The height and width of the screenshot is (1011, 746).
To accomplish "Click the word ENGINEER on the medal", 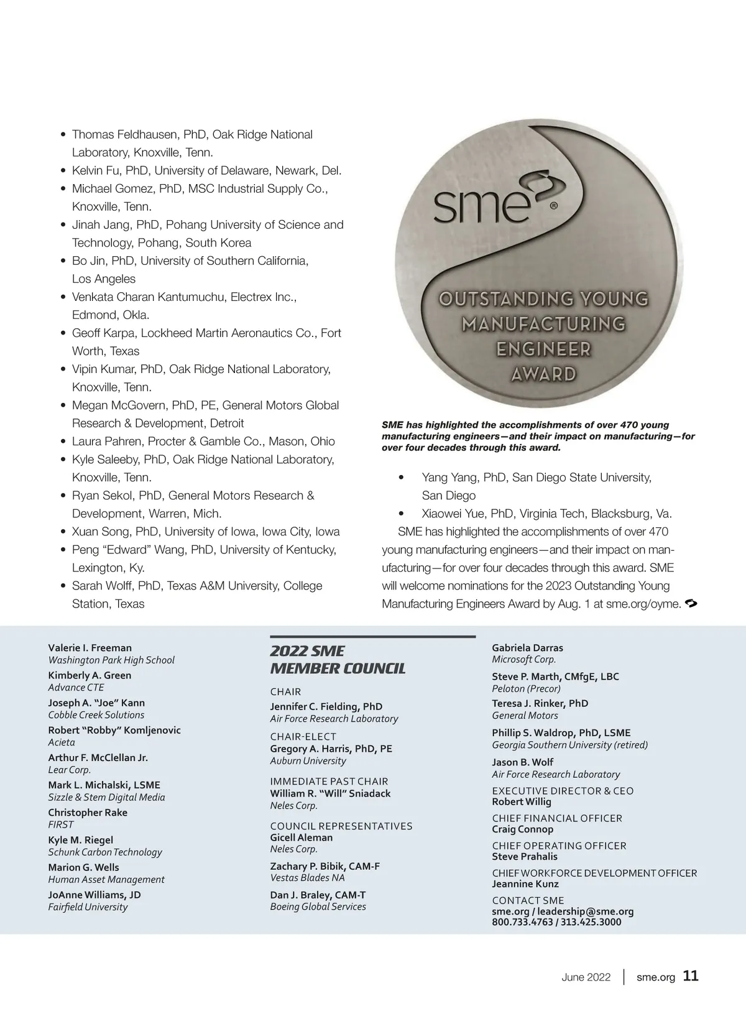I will click(x=543, y=349).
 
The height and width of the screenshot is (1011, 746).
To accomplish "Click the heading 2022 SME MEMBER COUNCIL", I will click(x=338, y=660).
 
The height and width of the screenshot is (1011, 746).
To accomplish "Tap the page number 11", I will click(x=691, y=976).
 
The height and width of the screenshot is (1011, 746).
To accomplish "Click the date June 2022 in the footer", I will click(x=586, y=977).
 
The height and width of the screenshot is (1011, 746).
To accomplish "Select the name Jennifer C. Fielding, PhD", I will click(x=326, y=706).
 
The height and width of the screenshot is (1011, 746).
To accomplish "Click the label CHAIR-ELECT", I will click(x=303, y=737).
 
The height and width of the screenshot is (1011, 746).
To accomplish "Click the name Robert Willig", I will click(x=521, y=801).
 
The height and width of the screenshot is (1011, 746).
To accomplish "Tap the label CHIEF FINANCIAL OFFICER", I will click(x=556, y=818).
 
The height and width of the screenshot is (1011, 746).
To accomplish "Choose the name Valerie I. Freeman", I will click(x=90, y=648).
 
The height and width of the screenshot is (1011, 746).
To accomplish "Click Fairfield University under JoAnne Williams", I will click(x=88, y=907).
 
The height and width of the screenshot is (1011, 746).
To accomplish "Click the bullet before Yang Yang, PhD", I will click(x=401, y=478).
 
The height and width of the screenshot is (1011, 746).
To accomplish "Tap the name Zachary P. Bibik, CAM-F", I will click(x=325, y=866).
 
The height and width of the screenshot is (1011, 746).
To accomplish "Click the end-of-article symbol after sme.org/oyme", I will click(x=690, y=603).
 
